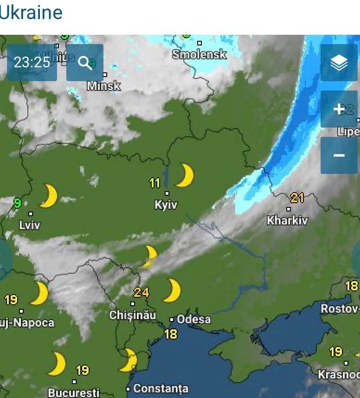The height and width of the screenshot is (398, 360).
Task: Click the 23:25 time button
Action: click(32, 63)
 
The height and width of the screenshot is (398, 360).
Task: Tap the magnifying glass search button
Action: click(85, 63)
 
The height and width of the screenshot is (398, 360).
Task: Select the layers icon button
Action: click(339, 63)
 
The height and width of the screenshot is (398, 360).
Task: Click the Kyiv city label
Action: click(166, 205)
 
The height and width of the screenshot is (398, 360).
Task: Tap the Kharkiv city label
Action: click(287, 220)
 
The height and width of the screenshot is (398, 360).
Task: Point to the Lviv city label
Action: click(30, 225)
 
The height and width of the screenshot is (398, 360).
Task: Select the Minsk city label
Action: click(104, 86)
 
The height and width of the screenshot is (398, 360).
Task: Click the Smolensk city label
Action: click(199, 54)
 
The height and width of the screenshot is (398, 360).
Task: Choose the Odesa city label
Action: click(193, 319)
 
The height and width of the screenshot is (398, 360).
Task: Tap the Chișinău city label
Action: click(133, 315)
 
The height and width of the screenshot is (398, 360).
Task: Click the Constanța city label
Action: click(161, 388)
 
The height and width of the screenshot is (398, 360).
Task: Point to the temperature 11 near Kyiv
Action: click(155, 183)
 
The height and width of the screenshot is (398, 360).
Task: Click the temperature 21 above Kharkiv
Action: click(297, 198)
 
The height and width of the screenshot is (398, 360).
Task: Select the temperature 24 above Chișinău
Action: click(141, 292)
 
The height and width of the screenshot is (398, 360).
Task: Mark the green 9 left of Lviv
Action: click(18, 203)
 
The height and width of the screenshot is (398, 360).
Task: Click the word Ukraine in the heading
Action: click(31, 13)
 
